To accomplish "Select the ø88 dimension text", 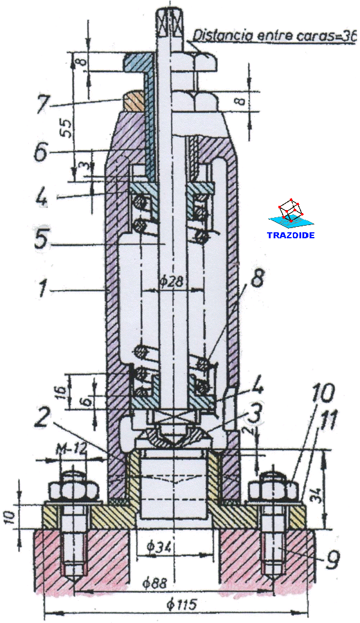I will coord(158,582).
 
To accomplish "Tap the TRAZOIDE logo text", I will coord(291,235).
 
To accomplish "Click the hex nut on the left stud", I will coord(73,491).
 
